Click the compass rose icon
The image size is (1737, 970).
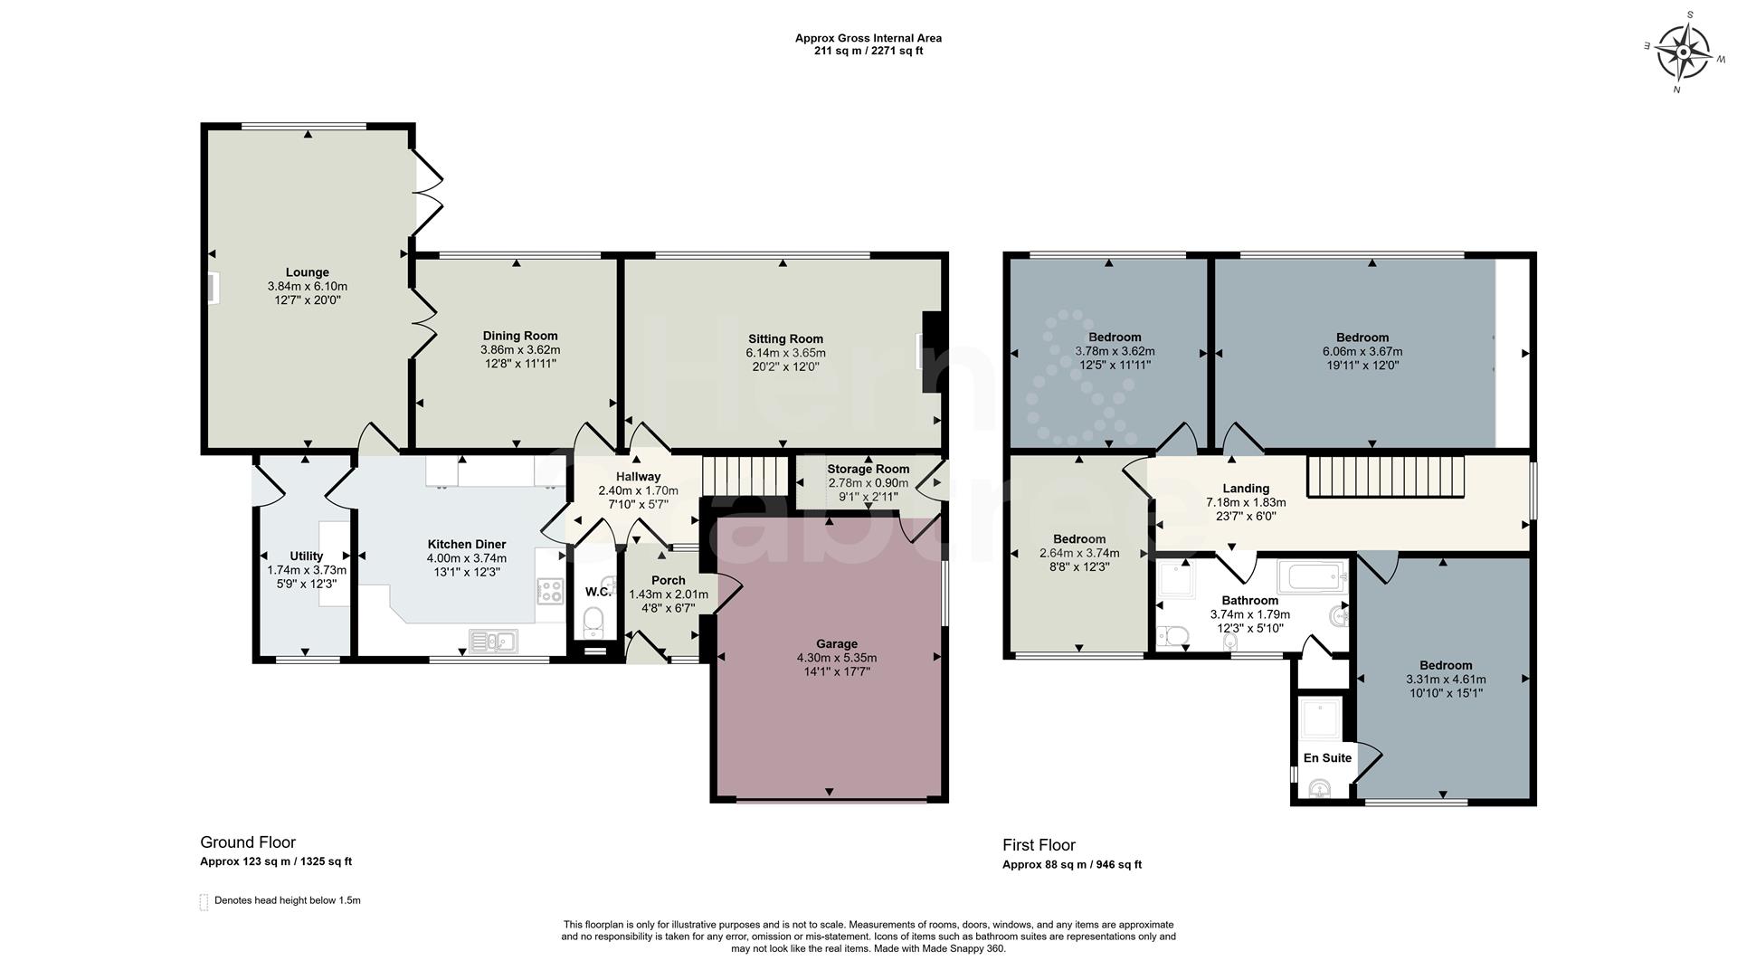point(1682,52)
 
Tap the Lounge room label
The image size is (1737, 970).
point(308,272)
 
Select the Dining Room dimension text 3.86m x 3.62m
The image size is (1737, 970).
point(520,349)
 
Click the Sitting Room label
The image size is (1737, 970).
point(785,339)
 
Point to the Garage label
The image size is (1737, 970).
point(836,644)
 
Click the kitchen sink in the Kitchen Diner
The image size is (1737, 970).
point(493,642)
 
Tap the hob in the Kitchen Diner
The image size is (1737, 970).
point(550,591)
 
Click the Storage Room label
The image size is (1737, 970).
point(868,469)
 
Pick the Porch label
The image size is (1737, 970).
point(669,580)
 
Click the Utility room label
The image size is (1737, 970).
point(307,556)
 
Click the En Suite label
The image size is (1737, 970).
point(1327,758)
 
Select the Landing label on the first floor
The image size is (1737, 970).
point(1246,489)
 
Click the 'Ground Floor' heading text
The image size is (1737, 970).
point(248,842)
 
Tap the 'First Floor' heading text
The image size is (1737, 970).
point(1039,845)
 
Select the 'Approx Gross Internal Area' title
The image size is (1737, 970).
point(868,38)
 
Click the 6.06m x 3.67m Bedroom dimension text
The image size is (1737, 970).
point(1362,352)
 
